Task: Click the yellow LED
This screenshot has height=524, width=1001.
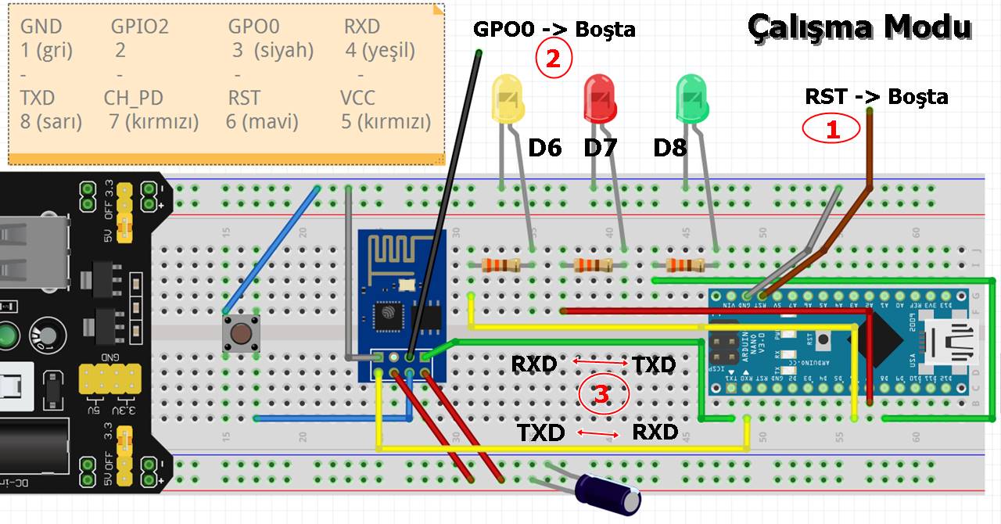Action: point(506,97)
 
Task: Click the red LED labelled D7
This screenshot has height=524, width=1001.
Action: point(601,97)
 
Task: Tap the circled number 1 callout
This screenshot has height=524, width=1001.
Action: point(832,129)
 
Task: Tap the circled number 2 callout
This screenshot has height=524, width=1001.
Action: point(554,60)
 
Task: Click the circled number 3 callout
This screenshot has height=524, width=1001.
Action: point(602,395)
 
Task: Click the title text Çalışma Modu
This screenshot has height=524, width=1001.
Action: point(859,27)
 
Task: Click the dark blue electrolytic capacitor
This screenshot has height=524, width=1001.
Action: point(608,494)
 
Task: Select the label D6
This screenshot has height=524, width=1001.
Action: point(545,148)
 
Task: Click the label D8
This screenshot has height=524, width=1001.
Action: point(670,148)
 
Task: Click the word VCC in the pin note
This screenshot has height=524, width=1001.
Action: point(358,99)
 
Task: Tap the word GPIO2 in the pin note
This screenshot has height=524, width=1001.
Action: point(139,27)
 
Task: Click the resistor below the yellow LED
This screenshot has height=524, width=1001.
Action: point(501,265)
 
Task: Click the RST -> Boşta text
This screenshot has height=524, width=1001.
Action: point(877,97)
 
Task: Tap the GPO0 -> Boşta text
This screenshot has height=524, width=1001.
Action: point(554,30)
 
